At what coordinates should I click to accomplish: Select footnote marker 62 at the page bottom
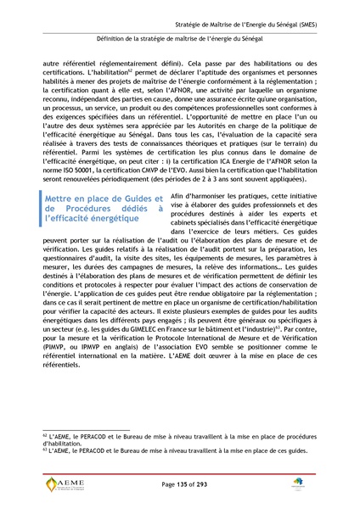tap(44, 433)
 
